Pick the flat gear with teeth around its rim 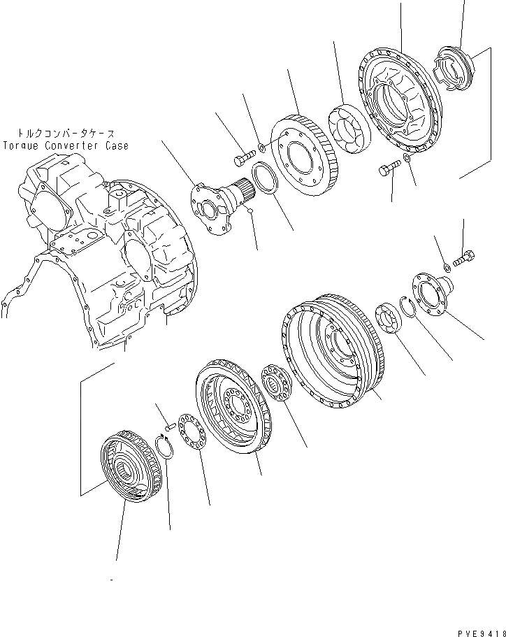pos(303,157)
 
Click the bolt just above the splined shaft pos(242,160)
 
